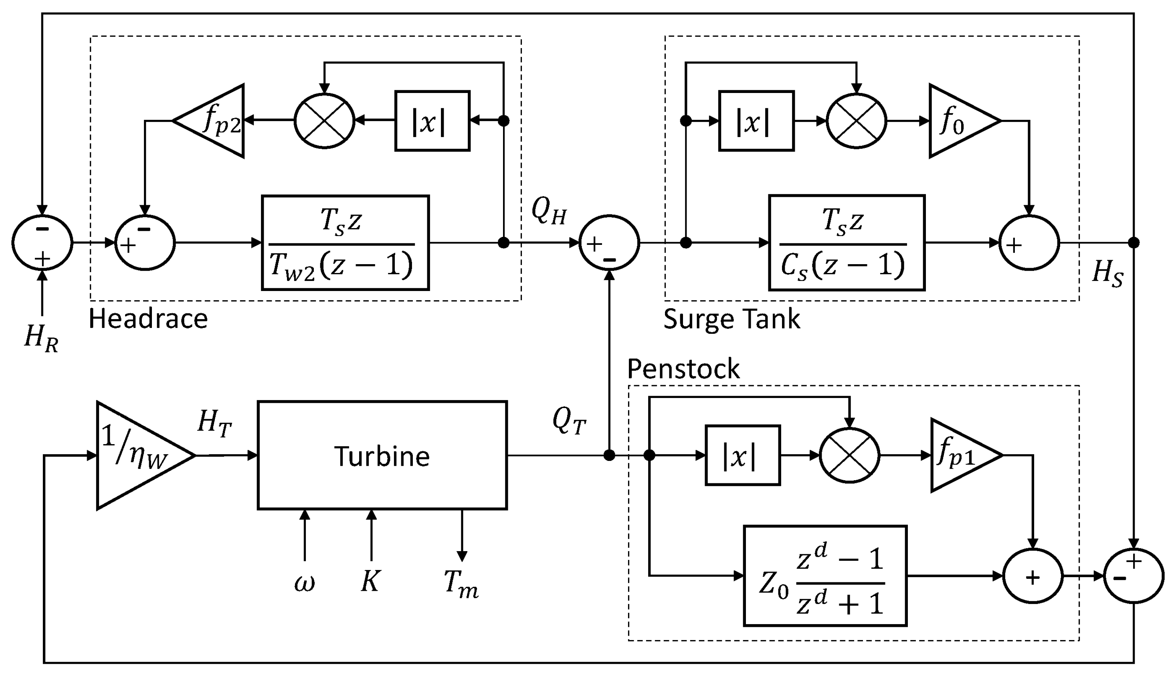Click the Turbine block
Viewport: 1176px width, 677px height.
point(382,456)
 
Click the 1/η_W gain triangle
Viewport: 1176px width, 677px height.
point(137,456)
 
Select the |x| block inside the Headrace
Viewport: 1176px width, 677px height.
point(432,121)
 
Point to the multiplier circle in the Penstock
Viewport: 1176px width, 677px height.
point(849,456)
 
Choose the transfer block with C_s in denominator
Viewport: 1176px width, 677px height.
point(847,243)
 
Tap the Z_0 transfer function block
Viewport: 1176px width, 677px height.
point(825,576)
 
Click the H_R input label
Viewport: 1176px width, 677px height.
point(41,338)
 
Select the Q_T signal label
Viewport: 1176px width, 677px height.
point(569,421)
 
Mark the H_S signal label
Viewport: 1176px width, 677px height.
point(1107,273)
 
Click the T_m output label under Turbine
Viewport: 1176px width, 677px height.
point(461,584)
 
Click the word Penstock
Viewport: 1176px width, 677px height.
point(683,369)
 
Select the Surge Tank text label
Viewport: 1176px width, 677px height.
point(731,319)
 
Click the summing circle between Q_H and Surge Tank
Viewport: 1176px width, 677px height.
point(609,243)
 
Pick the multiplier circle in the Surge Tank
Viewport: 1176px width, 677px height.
point(856,121)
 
